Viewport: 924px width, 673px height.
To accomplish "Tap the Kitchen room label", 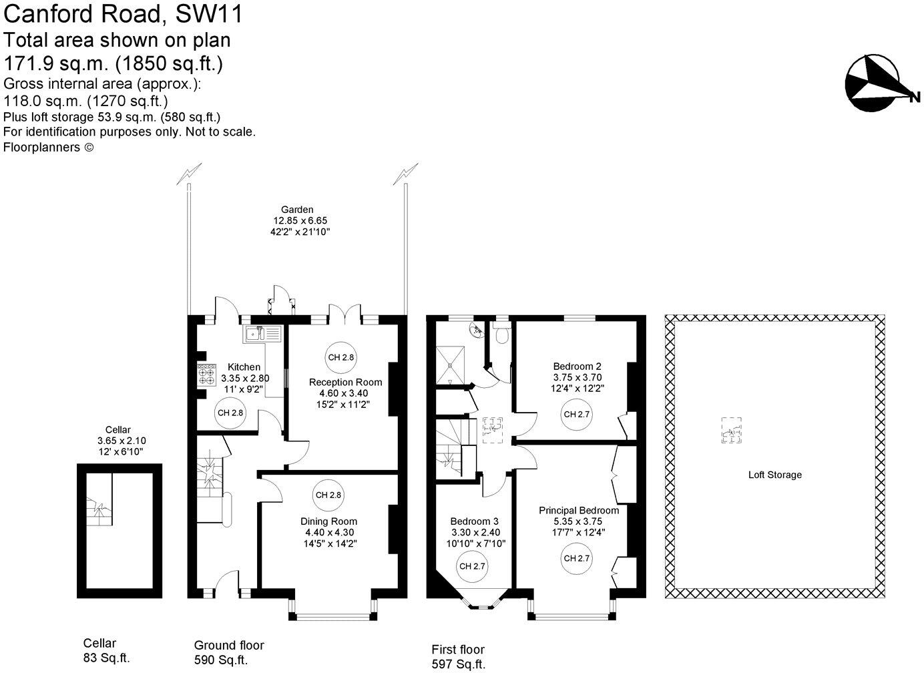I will (x=244, y=367).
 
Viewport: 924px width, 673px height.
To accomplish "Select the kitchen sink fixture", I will (x=264, y=333).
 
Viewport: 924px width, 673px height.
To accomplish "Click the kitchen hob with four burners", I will (x=206, y=375).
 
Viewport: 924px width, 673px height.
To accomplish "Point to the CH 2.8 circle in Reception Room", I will (x=340, y=357).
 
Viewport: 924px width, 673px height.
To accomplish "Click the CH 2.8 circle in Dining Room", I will (x=328, y=495).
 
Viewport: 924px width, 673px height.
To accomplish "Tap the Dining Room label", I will (x=330, y=521).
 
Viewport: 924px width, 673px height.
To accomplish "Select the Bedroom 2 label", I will (x=577, y=366).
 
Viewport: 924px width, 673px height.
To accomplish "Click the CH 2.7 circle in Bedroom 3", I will (x=472, y=566).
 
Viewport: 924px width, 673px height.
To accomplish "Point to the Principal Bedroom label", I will (x=578, y=510).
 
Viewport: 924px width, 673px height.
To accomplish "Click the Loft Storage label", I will (x=774, y=475).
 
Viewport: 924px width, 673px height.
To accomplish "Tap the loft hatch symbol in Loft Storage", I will (x=731, y=430).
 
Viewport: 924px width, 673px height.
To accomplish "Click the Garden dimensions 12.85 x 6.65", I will (x=300, y=220).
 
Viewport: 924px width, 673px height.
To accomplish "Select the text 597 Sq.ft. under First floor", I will (x=458, y=664).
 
